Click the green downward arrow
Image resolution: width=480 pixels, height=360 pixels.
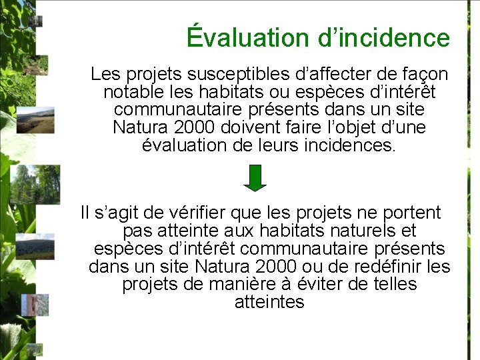point(255,178)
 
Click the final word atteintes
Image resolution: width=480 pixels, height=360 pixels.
point(269,302)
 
